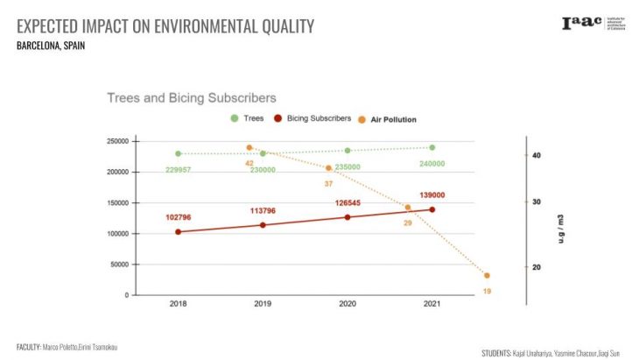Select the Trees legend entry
[x=248, y=118]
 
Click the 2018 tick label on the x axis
[x=179, y=304]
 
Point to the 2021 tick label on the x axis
[x=432, y=304]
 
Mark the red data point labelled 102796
[x=179, y=232]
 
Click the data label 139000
[x=432, y=195]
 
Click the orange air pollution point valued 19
[x=487, y=276]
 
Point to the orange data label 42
[x=249, y=163]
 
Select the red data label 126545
[x=348, y=203]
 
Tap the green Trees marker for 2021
[x=432, y=147]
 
